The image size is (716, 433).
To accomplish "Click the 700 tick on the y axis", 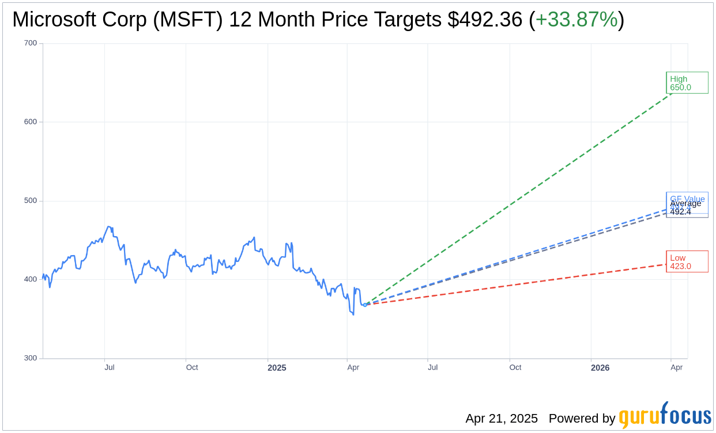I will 31,43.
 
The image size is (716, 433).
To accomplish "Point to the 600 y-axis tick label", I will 31,122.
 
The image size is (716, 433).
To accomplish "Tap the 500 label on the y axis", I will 31,201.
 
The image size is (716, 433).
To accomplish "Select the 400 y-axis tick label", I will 31,279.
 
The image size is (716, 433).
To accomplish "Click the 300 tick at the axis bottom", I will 31,358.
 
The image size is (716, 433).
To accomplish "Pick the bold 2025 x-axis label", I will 277,367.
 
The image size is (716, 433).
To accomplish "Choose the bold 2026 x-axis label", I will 600,367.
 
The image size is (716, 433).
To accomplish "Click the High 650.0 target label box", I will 687,83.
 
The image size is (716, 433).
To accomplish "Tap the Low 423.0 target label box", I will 687,262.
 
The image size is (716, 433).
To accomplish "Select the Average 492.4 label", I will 685,208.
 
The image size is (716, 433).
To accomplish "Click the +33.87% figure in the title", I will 576,20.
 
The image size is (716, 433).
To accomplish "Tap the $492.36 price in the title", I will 485,20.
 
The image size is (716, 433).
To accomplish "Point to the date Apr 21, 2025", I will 502,419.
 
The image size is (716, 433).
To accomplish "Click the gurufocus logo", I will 665,416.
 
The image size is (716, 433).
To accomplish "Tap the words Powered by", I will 582,419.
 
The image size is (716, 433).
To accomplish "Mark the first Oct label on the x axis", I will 192,367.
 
